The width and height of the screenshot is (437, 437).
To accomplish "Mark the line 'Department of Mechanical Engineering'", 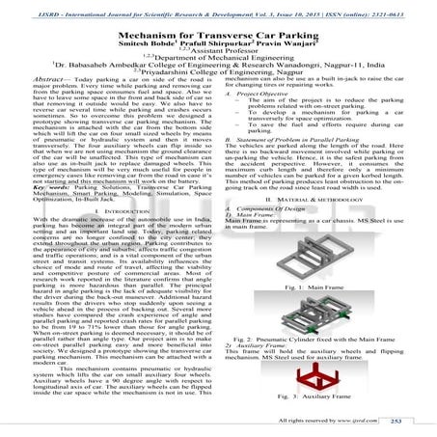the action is pyautogui.click(x=218, y=61).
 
